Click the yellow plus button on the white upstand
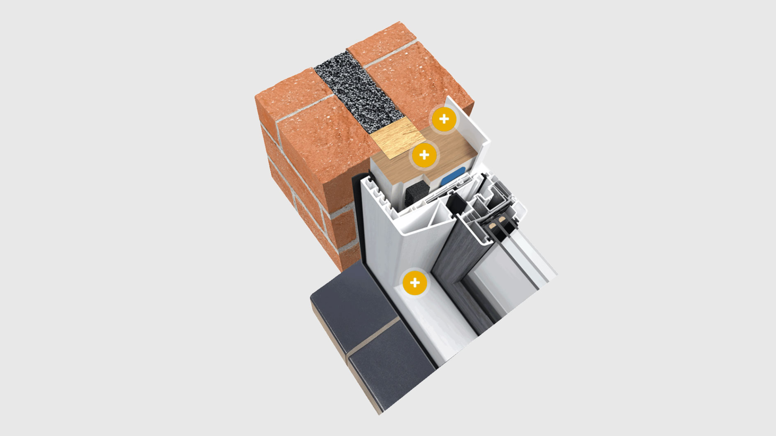pos(444,119)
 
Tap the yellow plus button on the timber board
pos(424,155)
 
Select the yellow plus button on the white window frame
pos(415,282)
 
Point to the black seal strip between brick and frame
pos(357,222)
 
